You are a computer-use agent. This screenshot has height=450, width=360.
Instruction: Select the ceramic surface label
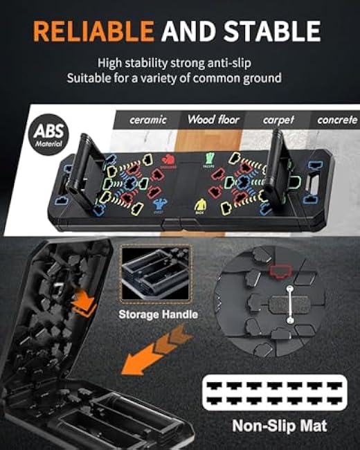pos(148,120)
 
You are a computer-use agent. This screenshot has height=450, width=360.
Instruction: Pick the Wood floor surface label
pos(213,120)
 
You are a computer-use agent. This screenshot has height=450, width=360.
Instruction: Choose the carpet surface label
pos(279,120)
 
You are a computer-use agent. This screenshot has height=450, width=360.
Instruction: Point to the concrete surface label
pos(337,120)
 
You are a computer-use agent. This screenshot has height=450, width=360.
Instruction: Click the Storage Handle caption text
pos(158,314)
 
